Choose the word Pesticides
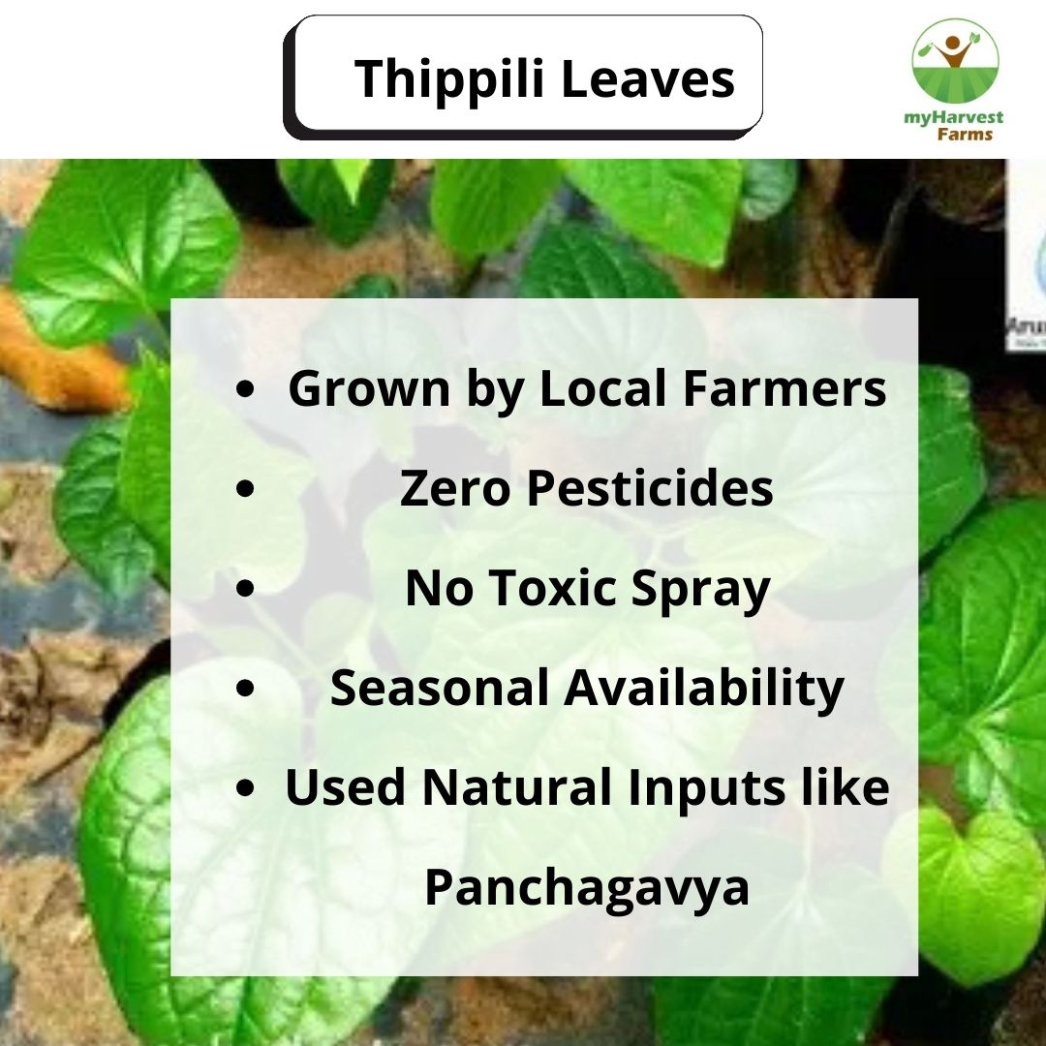pos(649,489)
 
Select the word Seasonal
pos(441,688)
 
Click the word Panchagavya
pos(587,888)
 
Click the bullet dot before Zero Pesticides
pos(247,489)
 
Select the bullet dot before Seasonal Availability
pos(247,688)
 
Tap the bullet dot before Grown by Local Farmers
pos(247,389)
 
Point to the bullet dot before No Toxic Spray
pos(247,589)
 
